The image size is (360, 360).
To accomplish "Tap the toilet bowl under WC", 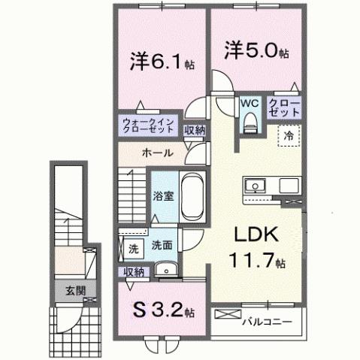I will pos(251,121).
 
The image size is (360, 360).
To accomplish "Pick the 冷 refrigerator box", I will pos(289,136).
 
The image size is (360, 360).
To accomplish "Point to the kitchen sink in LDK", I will pos(253,185).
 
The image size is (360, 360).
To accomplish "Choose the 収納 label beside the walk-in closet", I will pos(195,130).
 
